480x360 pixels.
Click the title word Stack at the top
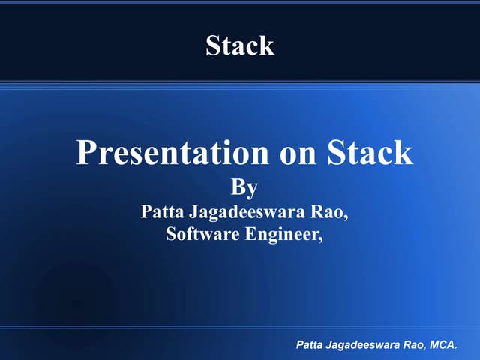click(x=240, y=46)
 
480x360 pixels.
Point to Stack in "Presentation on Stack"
click(x=370, y=153)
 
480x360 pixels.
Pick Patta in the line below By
click(x=160, y=212)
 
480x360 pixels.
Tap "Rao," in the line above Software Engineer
click(x=332, y=212)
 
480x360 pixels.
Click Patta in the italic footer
click(x=309, y=346)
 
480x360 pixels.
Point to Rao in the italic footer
click(x=418, y=346)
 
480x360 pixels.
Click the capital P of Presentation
click(x=85, y=153)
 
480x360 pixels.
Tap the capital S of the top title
click(x=213, y=46)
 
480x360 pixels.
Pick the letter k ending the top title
click(x=268, y=46)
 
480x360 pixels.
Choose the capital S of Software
click(x=171, y=234)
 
